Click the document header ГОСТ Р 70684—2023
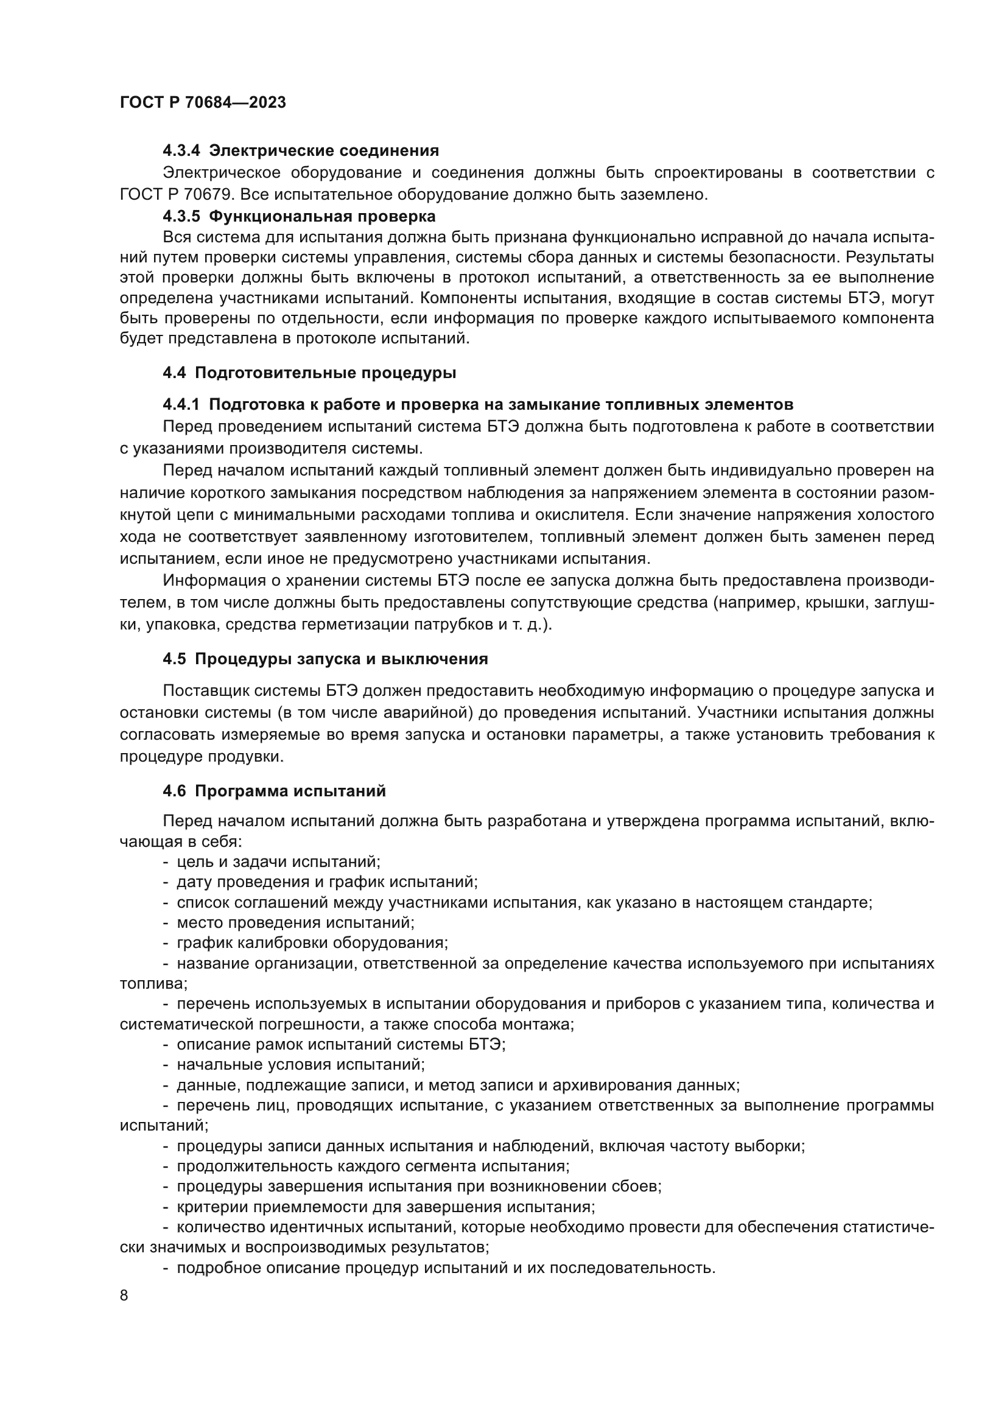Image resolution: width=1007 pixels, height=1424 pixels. coord(203,102)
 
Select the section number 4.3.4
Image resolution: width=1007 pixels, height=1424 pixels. coord(181,151)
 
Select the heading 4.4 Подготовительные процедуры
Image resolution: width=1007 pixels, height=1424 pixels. coord(309,373)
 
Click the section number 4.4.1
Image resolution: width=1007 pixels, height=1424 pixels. coord(181,405)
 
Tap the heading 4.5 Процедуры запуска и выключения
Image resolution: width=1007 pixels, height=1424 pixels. coord(325,659)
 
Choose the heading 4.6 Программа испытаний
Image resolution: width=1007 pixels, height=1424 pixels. coord(274,791)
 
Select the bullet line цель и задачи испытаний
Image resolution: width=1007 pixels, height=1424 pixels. coord(278,861)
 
